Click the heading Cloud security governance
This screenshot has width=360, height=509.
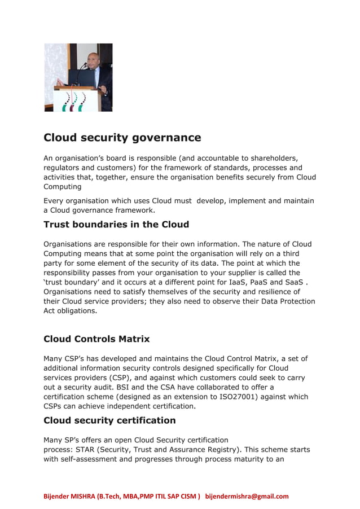point(122,138)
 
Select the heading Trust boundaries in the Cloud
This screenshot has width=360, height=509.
point(116,225)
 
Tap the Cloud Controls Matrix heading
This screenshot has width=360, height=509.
point(96,339)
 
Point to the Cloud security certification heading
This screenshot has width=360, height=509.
point(109,420)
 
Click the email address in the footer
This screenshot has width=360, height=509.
point(247,497)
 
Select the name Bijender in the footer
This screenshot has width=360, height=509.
point(59,497)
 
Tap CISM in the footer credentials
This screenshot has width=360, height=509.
point(187,497)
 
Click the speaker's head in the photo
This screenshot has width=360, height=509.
point(93,59)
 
